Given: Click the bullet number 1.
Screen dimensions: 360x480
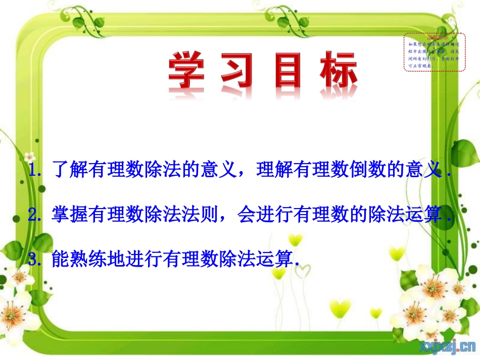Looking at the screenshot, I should pos(35,171).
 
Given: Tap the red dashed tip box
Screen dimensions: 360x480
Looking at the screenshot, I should pos(434,52).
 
